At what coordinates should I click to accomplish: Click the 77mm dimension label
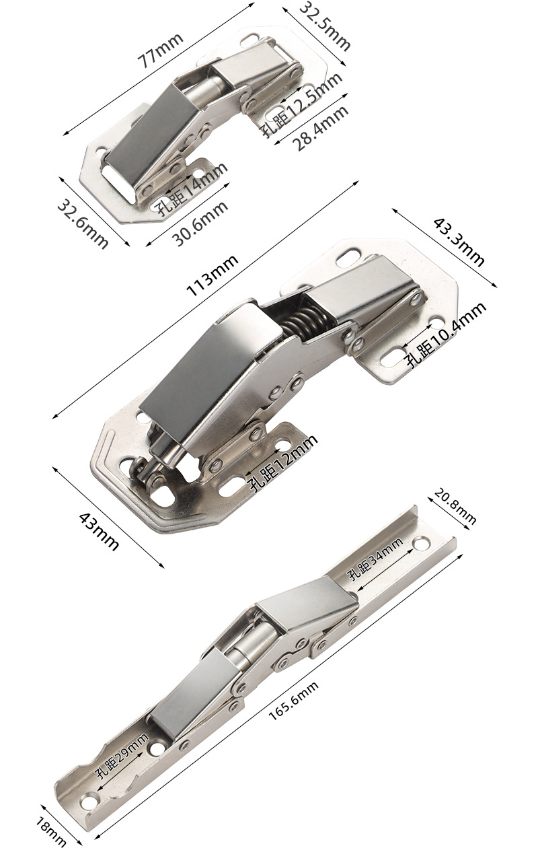click(161, 50)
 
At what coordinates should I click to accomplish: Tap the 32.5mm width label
click(325, 26)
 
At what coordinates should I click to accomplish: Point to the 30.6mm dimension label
click(200, 223)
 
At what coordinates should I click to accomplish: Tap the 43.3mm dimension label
click(458, 242)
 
